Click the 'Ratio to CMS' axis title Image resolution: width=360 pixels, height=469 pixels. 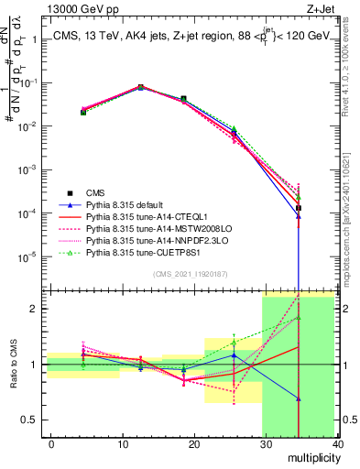pos(12,365)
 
